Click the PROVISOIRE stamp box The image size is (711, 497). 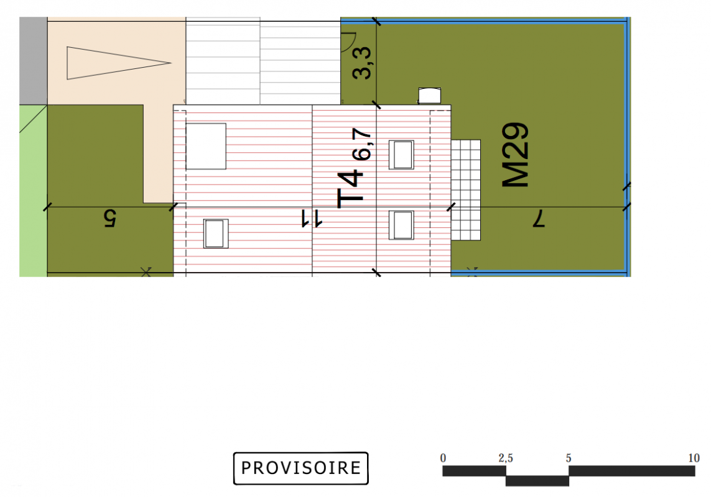(300, 468)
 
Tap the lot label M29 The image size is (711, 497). (515, 155)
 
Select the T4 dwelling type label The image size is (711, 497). (350, 188)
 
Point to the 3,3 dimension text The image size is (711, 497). (362, 63)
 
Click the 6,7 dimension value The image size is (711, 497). (362, 144)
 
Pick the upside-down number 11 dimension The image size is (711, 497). (312, 219)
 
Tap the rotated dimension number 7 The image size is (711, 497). (538, 218)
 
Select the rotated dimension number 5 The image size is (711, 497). (109, 218)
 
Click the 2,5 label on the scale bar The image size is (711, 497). (506, 458)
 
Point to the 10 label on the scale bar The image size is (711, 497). (694, 458)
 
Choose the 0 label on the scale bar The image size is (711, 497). (443, 458)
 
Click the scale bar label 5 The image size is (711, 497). (568, 458)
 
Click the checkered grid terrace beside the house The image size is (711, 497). (466, 190)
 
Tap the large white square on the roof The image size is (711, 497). (206, 146)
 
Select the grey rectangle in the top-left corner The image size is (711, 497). (33, 61)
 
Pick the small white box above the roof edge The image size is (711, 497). (429, 96)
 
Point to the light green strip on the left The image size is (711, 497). (33, 191)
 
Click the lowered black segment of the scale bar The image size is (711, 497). (537, 481)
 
